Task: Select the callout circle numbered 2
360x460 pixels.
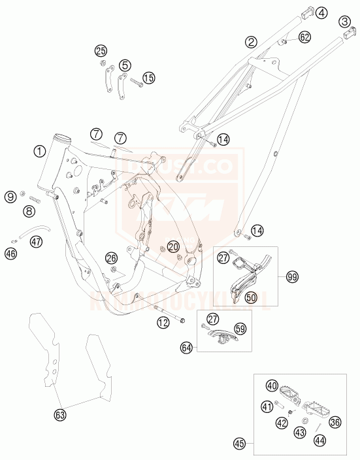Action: point(250,43)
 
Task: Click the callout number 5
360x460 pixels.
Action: point(124,65)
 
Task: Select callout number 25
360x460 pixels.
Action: point(100,50)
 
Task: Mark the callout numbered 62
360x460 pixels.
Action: point(304,38)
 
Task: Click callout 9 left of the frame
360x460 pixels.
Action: point(10,196)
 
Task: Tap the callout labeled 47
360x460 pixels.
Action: point(36,242)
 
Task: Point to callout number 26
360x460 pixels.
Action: point(112,258)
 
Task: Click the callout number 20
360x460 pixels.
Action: point(172,246)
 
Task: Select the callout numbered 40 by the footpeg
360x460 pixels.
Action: point(272,386)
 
